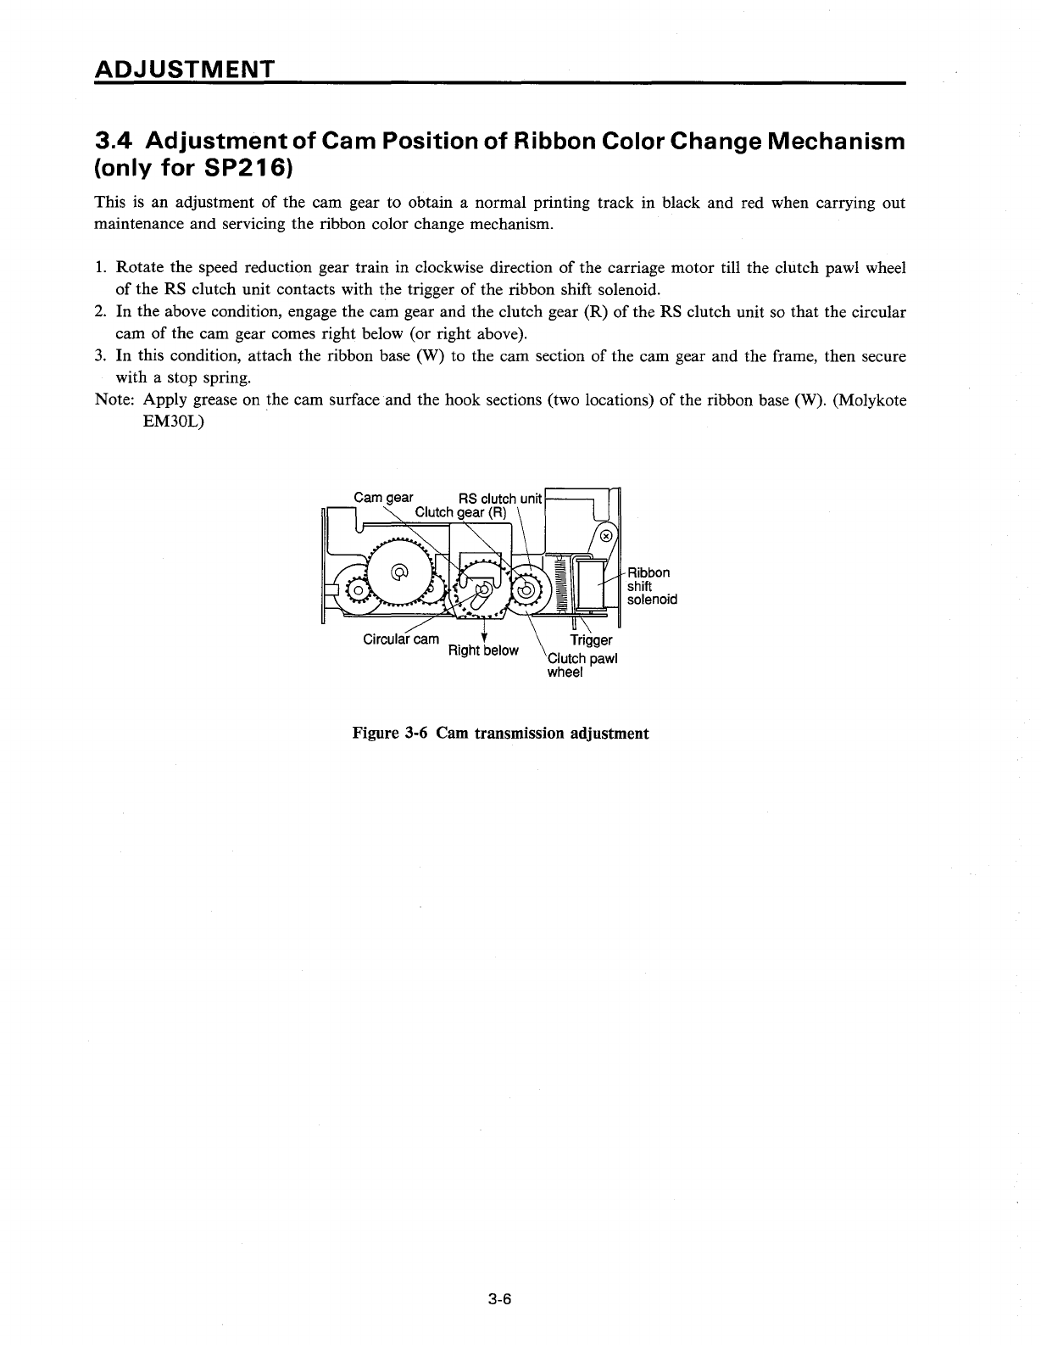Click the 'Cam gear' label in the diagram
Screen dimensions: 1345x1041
click(x=383, y=498)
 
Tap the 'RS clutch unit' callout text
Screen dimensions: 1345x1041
click(x=499, y=499)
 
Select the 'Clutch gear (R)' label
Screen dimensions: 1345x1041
click(x=460, y=512)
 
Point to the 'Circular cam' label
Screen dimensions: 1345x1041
click(x=401, y=639)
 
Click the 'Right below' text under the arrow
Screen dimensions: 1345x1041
click(x=482, y=650)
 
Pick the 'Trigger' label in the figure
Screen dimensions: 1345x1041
click(x=591, y=640)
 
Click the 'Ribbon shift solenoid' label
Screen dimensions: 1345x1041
click(x=651, y=586)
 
